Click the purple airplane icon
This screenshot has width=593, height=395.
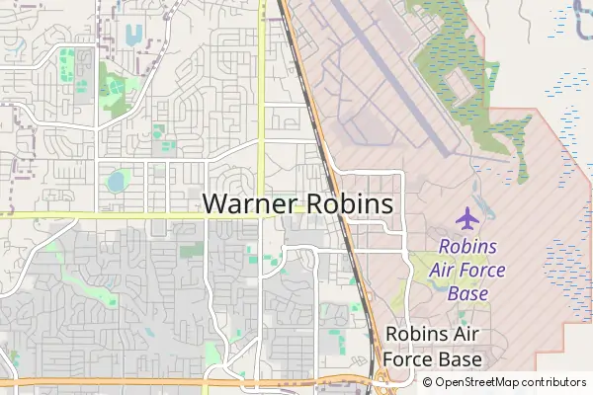click(x=467, y=217)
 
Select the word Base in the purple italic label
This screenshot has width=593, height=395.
click(x=468, y=293)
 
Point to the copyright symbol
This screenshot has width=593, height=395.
click(x=428, y=382)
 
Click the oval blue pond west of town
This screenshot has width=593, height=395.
click(x=117, y=181)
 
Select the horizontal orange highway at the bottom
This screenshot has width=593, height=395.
click(x=148, y=379)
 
